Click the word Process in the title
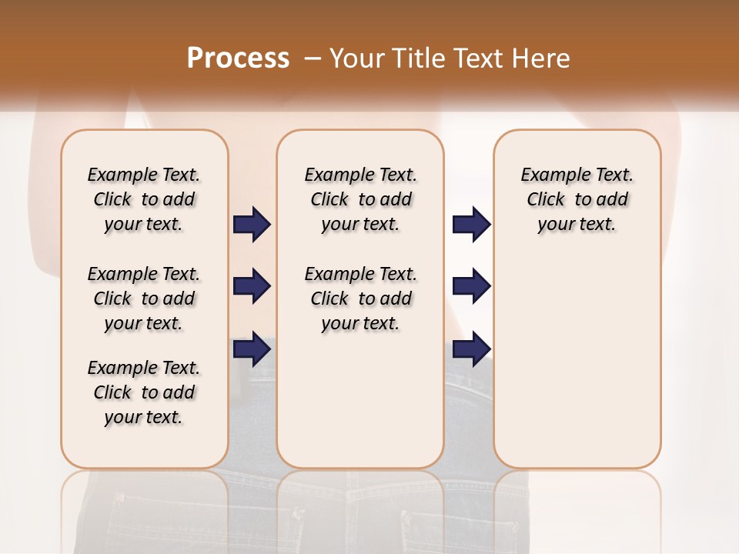238,58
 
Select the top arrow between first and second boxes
252,224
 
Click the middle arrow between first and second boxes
252,286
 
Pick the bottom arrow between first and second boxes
252,349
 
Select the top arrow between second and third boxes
471,224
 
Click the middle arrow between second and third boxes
471,286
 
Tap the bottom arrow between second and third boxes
471,349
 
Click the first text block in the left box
144,199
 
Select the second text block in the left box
144,299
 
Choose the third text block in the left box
144,392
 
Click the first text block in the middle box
360,199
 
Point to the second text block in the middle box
360,299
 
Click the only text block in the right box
577,199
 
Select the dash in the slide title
313,58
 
